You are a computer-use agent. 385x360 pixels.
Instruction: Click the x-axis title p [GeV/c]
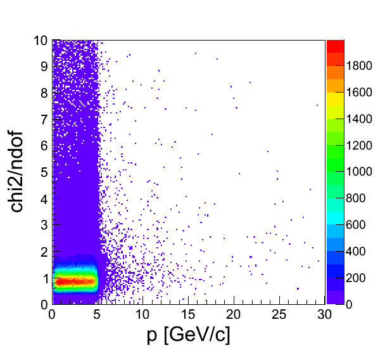pos(188,335)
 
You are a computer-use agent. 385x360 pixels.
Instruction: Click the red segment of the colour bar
pos(336,46)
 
